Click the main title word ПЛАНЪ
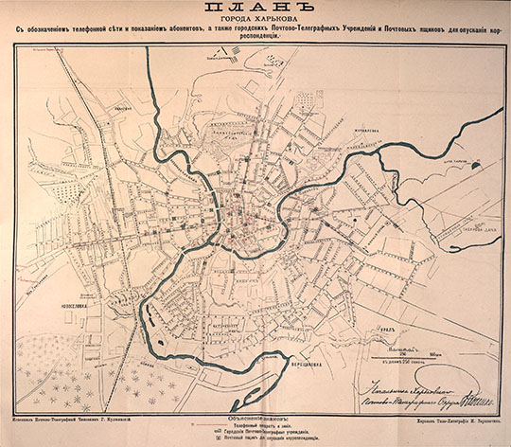pos(255,11)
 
